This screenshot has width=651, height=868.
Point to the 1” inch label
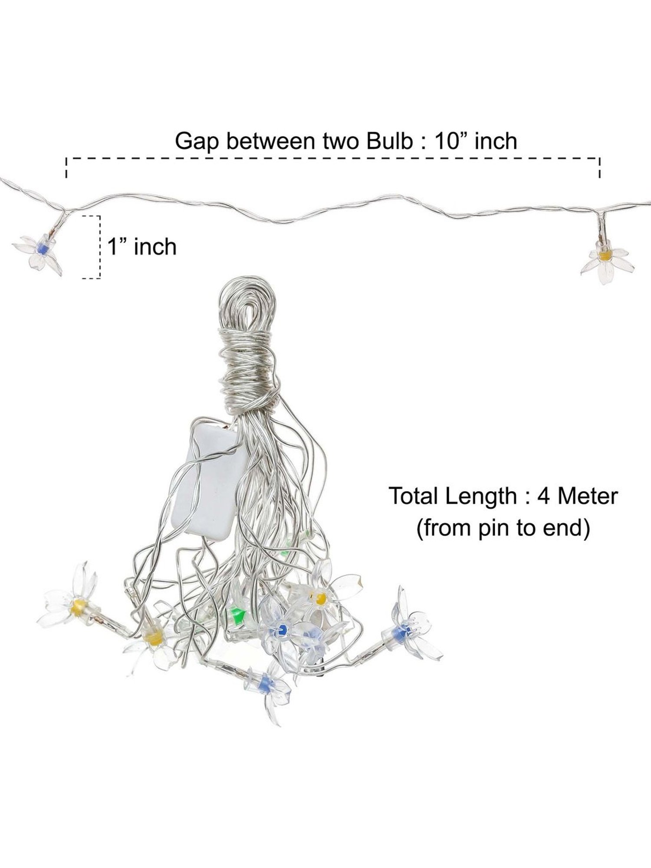coord(142,247)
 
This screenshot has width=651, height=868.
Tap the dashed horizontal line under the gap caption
coord(332,159)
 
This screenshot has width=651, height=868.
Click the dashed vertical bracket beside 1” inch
coord(100,247)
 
